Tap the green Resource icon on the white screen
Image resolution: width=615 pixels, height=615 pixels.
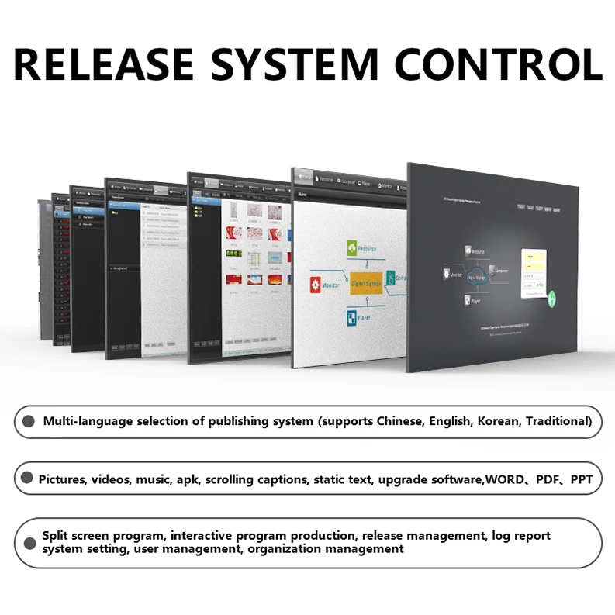[x=353, y=248]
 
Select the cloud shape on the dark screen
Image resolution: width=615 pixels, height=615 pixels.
[x=475, y=277]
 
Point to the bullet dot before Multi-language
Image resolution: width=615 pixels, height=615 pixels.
[x=29, y=422]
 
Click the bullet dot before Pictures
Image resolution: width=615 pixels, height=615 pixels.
[x=27, y=479]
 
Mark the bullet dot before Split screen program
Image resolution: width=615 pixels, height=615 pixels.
[x=29, y=543]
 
